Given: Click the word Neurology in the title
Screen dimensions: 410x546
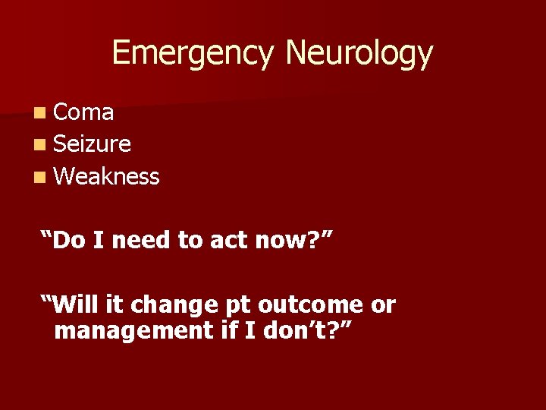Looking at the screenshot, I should pyautogui.click(x=359, y=54).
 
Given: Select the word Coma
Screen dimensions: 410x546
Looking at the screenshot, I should pyautogui.click(x=84, y=112).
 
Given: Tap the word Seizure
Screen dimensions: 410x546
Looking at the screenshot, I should pyautogui.click(x=93, y=144).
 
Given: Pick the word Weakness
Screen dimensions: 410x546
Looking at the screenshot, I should pyautogui.click(x=107, y=177).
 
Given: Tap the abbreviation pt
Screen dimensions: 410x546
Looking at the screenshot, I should pyautogui.click(x=238, y=306).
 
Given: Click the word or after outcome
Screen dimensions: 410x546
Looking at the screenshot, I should pyautogui.click(x=382, y=306).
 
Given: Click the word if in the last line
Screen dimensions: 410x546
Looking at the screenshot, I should pyautogui.click(x=226, y=330).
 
